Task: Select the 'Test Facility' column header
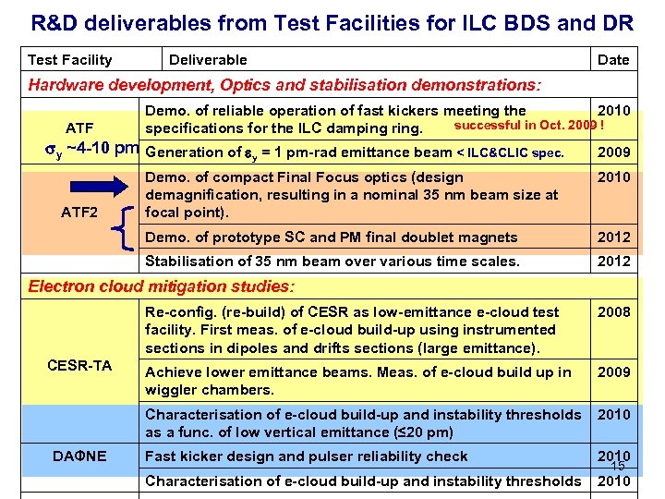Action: tap(70, 60)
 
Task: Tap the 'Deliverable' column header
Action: tap(208, 60)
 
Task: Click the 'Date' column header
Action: tap(613, 60)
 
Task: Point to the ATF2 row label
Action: tap(79, 212)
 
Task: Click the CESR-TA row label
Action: tap(79, 365)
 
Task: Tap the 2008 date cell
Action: tap(614, 311)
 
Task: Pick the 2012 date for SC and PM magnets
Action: tap(614, 237)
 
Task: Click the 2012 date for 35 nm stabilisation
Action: tap(614, 262)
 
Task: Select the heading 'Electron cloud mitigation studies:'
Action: tap(162, 286)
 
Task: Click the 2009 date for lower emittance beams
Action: tap(614, 372)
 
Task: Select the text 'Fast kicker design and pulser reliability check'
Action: tap(307, 456)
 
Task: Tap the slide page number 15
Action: tap(618, 466)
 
